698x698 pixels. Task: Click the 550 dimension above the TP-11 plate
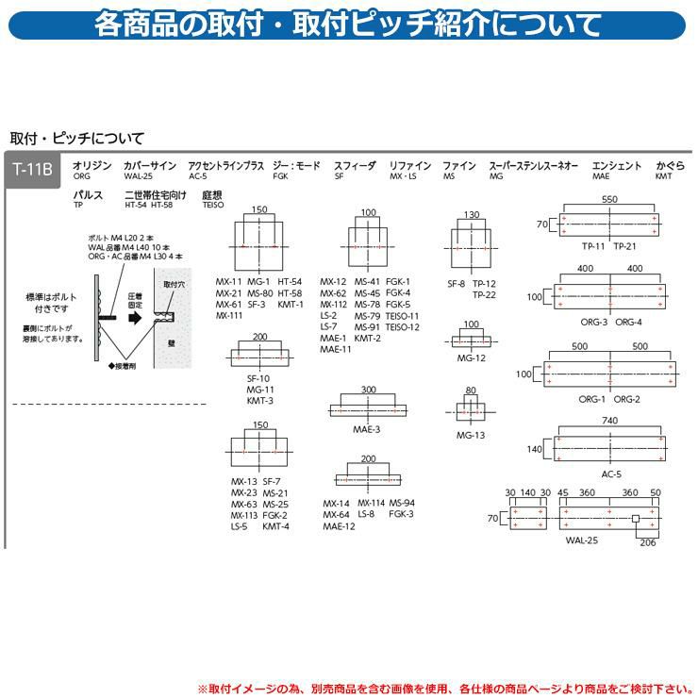tap(608, 200)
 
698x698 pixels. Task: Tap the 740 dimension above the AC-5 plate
tap(610, 421)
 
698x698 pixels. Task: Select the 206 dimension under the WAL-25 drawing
tap(648, 542)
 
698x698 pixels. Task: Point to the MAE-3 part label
tap(367, 430)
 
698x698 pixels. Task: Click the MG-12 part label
tap(471, 358)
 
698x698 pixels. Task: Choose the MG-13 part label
tap(471, 435)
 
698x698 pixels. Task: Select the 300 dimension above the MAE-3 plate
tap(368, 390)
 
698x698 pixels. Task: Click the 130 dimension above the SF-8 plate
tap(473, 215)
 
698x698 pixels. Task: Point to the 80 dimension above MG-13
tap(471, 391)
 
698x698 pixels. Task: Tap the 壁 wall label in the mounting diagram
tap(171, 344)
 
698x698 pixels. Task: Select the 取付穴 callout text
tap(174, 284)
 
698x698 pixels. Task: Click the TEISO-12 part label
tap(403, 327)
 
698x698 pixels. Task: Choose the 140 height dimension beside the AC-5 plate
tap(534, 450)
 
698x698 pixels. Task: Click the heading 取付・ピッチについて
tap(63, 137)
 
